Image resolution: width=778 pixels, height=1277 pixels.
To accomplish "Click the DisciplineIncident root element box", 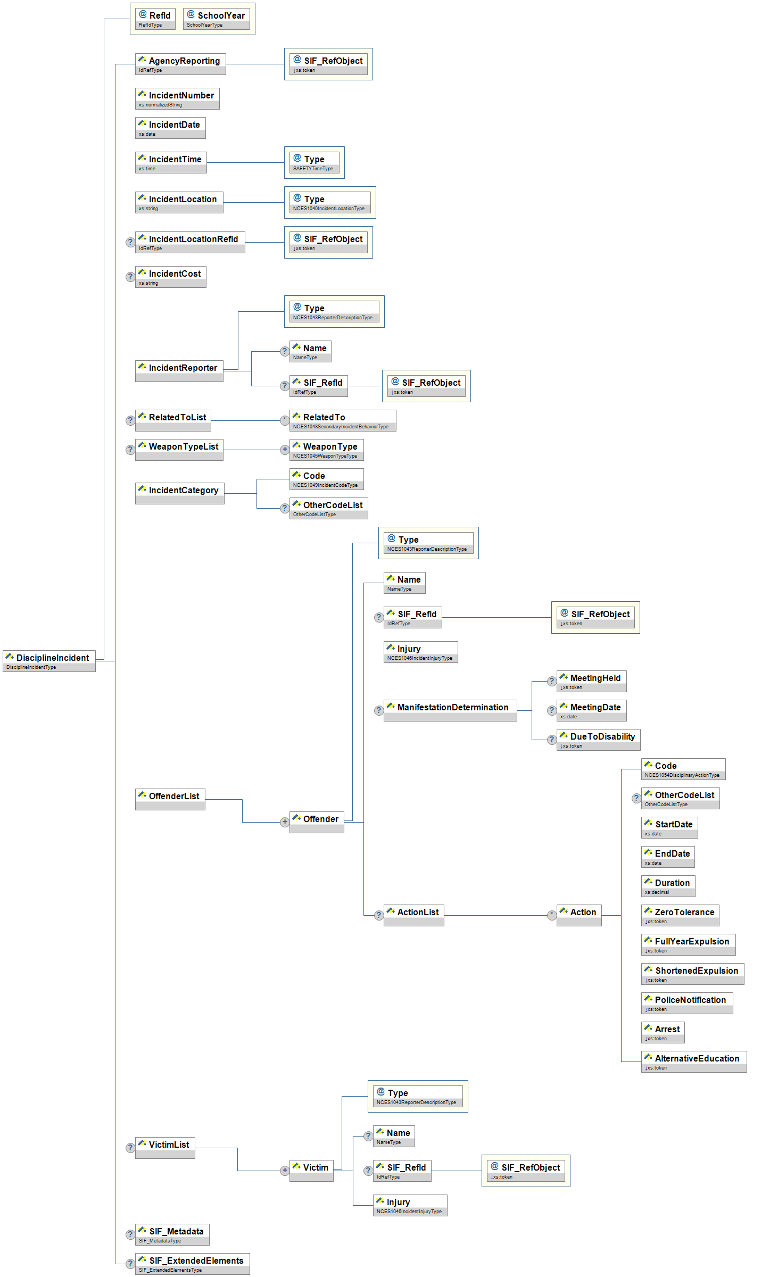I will pos(49,660).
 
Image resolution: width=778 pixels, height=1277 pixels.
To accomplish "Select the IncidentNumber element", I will pos(177,98).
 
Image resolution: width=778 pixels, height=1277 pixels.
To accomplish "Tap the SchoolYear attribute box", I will pos(217,19).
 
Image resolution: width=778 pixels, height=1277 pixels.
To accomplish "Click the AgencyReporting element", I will pos(180,64).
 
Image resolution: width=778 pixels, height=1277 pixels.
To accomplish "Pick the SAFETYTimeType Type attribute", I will pos(314,162).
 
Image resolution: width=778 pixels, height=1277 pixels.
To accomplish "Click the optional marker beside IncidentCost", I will pos(130,277).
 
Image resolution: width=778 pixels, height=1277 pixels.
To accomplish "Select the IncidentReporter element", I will pos(179,370).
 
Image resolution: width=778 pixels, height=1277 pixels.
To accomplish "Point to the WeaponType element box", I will pos(326,450).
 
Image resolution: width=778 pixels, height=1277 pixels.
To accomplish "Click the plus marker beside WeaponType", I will pos(285,450).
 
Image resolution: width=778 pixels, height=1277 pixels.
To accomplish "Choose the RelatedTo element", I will pos(343,420).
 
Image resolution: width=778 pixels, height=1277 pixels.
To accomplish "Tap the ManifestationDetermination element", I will pos(450,710).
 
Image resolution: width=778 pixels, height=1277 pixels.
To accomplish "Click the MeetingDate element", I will pos(591,710).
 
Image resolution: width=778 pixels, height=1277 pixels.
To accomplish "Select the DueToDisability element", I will pos(598,740).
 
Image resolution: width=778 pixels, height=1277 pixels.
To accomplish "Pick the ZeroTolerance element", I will pos(680,915).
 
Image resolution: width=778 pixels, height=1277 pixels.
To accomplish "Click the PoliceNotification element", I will pos(687,1003).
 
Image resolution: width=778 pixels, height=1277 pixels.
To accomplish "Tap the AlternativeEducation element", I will pos(694,1062).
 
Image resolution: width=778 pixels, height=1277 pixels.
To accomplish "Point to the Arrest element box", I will pos(663,1032).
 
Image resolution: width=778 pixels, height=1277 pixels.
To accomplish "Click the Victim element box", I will pos(311,1171).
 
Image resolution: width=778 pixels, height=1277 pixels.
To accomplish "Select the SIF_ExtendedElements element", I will pos(192,1264).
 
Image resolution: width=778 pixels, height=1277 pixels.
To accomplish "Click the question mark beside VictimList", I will pos(130,1148).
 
